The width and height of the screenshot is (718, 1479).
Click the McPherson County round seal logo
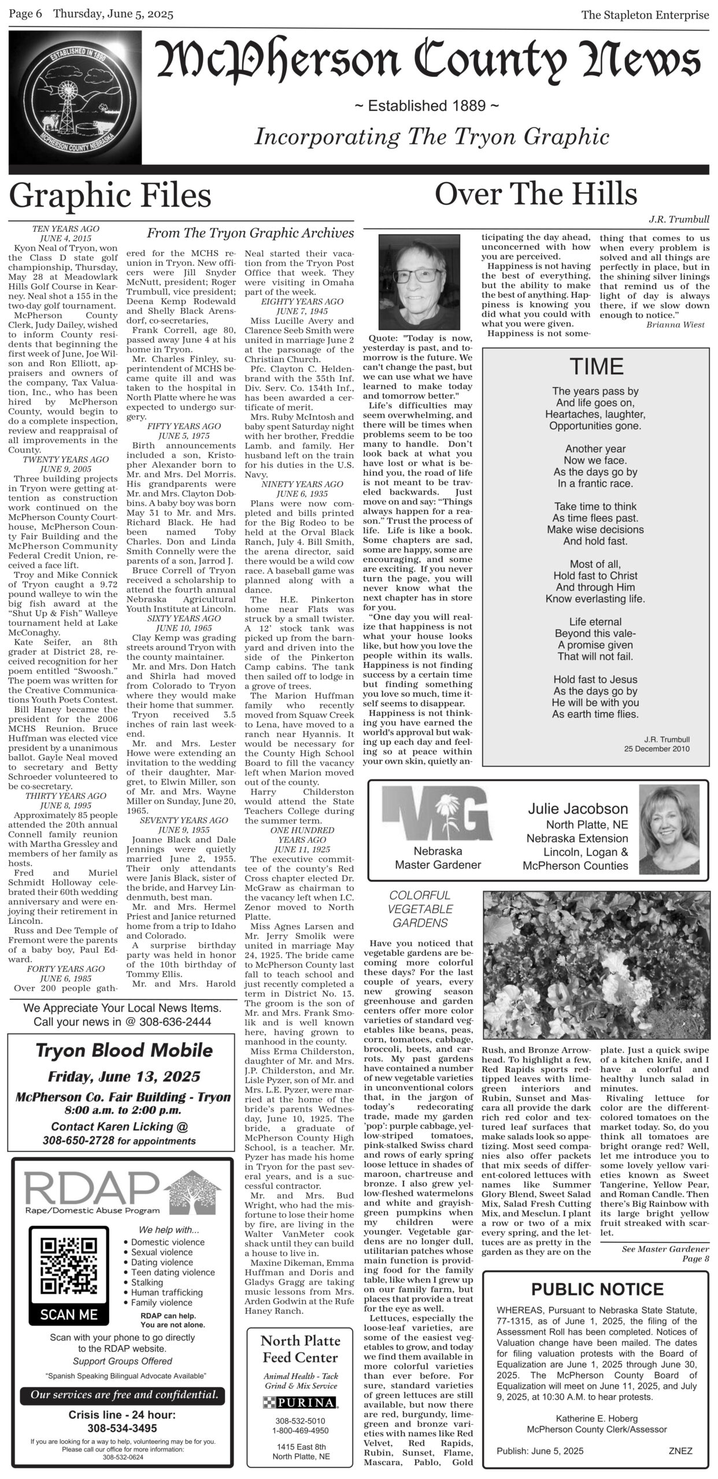tap(75, 98)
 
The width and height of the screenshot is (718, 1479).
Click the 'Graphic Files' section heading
tap(110, 196)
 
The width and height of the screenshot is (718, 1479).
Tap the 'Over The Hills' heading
tap(535, 194)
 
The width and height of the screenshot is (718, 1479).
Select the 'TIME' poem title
tap(596, 366)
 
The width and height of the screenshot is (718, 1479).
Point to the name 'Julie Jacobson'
tap(578, 809)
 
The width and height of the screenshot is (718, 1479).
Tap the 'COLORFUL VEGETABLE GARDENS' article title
tap(420, 909)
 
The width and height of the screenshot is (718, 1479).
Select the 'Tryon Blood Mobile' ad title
tap(124, 1050)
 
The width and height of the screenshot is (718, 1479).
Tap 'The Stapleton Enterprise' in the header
tap(645, 15)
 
